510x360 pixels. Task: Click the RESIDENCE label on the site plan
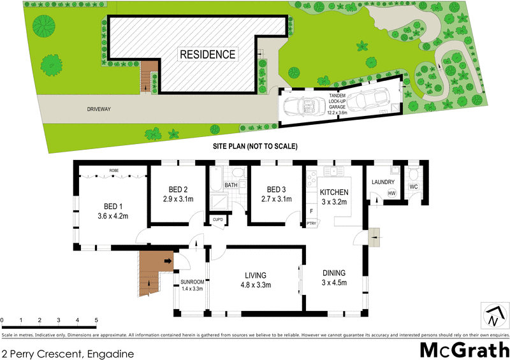pos(207,54)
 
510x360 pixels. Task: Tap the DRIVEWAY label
pos(99,110)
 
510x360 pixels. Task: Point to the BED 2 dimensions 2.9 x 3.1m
pos(177,199)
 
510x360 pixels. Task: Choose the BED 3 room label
pos(277,190)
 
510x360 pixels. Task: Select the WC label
pos(413,187)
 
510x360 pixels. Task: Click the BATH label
pos(231,185)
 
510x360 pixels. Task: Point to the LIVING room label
pos(255,275)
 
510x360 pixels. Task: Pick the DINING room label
pos(333,272)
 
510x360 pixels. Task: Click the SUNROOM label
pos(191,281)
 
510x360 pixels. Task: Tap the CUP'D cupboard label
pos(218,220)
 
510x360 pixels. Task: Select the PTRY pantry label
pos(311,224)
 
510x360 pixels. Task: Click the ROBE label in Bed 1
pos(115,171)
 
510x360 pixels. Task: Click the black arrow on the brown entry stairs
pos(169,261)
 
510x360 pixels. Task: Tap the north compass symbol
pos(493,315)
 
